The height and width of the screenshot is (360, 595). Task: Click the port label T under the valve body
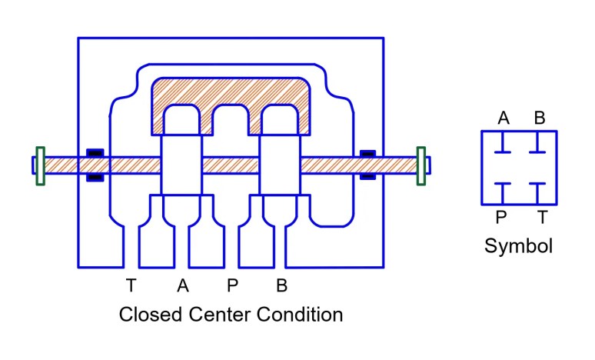click(x=131, y=286)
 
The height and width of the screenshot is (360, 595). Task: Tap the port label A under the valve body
click(x=182, y=286)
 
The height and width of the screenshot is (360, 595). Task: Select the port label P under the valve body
click(x=232, y=286)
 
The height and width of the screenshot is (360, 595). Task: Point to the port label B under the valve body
click(x=282, y=286)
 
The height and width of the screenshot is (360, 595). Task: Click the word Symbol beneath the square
click(x=518, y=247)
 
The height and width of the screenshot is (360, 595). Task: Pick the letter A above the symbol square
click(x=504, y=118)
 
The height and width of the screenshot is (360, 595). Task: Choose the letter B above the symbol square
click(x=540, y=118)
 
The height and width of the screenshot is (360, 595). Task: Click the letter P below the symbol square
click(x=501, y=218)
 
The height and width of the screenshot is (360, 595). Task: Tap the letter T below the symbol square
click(x=542, y=218)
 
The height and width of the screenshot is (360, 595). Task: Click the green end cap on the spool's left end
click(x=40, y=165)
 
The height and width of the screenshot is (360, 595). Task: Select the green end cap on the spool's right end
click(x=421, y=165)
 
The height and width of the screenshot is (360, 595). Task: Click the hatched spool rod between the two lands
click(x=231, y=165)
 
